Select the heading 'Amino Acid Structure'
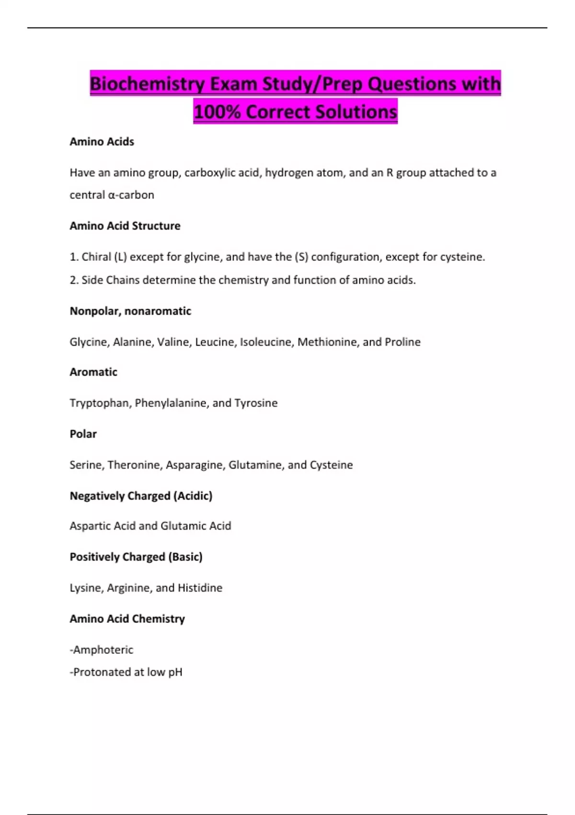[x=125, y=226]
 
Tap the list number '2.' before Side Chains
[x=74, y=280]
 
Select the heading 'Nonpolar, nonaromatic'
[x=130, y=311]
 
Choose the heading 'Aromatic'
[x=93, y=372]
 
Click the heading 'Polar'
[x=83, y=434]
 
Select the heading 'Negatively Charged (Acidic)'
[x=141, y=496]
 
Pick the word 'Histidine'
[x=200, y=588]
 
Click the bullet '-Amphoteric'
[x=102, y=650]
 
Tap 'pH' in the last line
[x=175, y=672]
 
